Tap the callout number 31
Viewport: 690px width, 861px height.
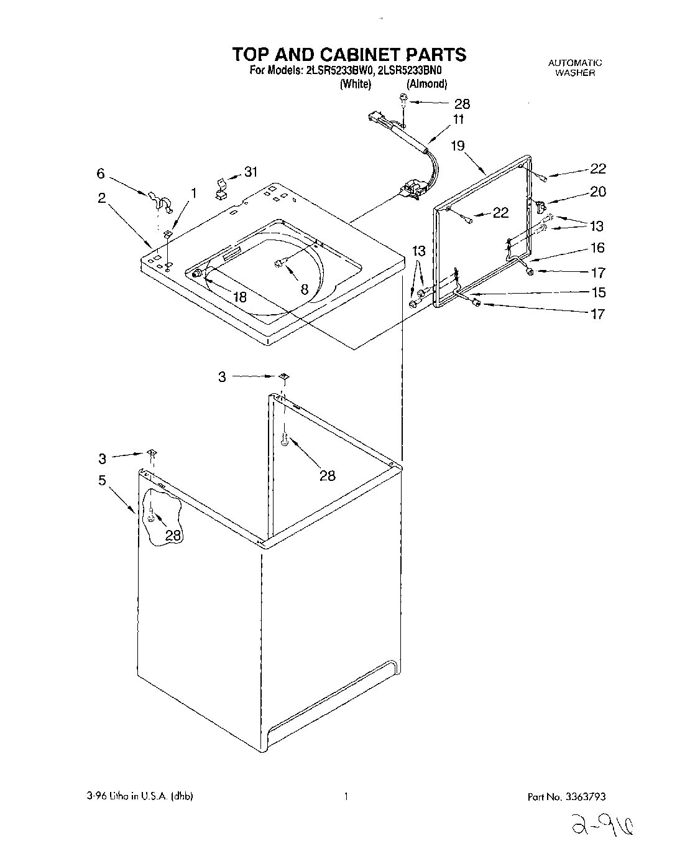pyautogui.click(x=251, y=172)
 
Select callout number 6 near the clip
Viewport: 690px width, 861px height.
pyautogui.click(x=101, y=175)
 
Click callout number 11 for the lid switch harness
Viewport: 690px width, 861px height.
pyautogui.click(x=458, y=120)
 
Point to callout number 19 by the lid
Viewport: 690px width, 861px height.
pyautogui.click(x=458, y=146)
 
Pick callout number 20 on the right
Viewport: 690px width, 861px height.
pyautogui.click(x=597, y=192)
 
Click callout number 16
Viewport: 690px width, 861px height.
pyautogui.click(x=597, y=248)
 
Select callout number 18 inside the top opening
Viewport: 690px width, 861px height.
pyautogui.click(x=239, y=297)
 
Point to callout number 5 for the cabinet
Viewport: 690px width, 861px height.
pyautogui.click(x=101, y=480)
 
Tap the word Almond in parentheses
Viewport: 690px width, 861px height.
pyautogui.click(x=426, y=84)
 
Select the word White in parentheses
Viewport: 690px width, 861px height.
pyautogui.click(x=356, y=84)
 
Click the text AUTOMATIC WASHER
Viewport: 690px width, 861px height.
pyautogui.click(x=575, y=67)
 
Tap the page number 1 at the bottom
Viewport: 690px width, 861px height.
pyautogui.click(x=345, y=796)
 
